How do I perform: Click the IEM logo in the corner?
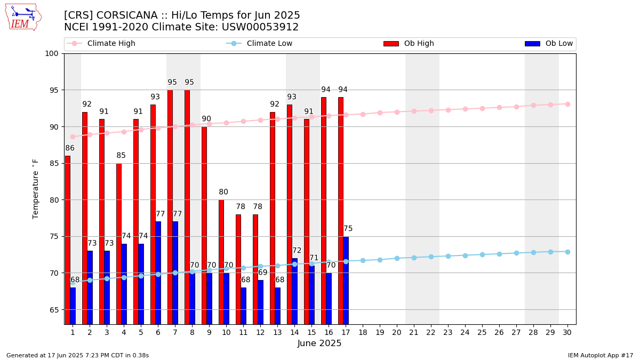23,18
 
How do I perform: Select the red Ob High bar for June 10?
221,262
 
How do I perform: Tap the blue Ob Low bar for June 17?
346,281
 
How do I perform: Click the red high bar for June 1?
68,240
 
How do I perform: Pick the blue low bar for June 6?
158,273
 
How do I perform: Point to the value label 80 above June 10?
223,192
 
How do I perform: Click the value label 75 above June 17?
348,229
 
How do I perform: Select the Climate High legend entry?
101,43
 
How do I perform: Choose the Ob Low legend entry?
549,43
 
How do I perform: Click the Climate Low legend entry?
259,43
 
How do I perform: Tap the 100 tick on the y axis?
51,54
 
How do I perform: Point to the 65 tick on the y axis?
54,310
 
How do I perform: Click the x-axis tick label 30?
567,332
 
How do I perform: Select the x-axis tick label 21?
414,332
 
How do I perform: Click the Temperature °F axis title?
35,189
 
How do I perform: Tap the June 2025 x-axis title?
319,343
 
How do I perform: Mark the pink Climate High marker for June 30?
567,105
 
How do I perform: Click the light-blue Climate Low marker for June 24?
465,255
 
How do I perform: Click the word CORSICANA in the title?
127,15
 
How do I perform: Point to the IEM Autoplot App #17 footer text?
601,355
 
